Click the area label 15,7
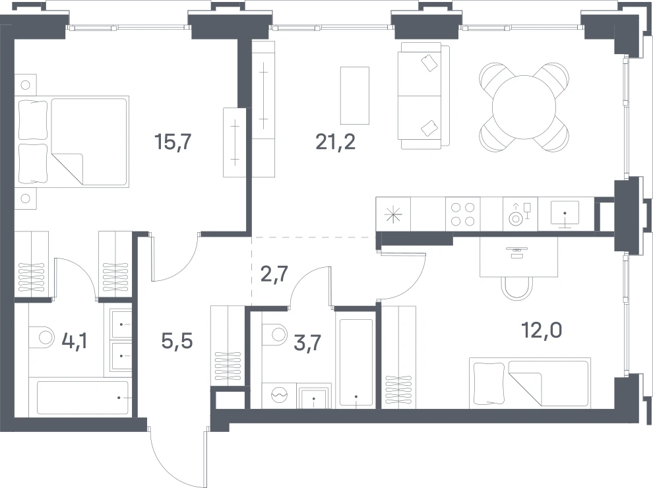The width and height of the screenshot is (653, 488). tap(173, 142)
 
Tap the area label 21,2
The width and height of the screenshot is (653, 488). tap(336, 142)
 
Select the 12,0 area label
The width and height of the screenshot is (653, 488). tap(542, 330)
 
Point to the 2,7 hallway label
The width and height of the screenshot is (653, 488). tap(274, 274)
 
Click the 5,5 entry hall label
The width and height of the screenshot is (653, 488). tap(177, 341)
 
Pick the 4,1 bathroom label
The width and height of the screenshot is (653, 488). tap(75, 341)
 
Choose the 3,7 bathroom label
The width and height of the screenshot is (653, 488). tap(307, 343)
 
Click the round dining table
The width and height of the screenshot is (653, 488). tap(524, 107)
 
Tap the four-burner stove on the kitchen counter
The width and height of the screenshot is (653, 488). tap(462, 214)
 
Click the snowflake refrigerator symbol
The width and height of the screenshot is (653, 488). tap(393, 214)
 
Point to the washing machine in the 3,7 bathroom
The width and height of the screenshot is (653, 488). tap(280, 395)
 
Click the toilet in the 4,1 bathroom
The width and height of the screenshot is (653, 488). tap(42, 337)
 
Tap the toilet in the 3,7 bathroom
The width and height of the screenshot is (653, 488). tap(275, 334)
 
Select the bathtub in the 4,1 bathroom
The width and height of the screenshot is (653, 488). tap(82, 398)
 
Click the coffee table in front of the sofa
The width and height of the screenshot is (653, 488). tap(355, 96)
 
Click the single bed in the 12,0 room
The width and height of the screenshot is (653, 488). tap(530, 382)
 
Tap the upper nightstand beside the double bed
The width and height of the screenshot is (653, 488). tap(26, 85)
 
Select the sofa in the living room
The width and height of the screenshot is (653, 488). tap(423, 96)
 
